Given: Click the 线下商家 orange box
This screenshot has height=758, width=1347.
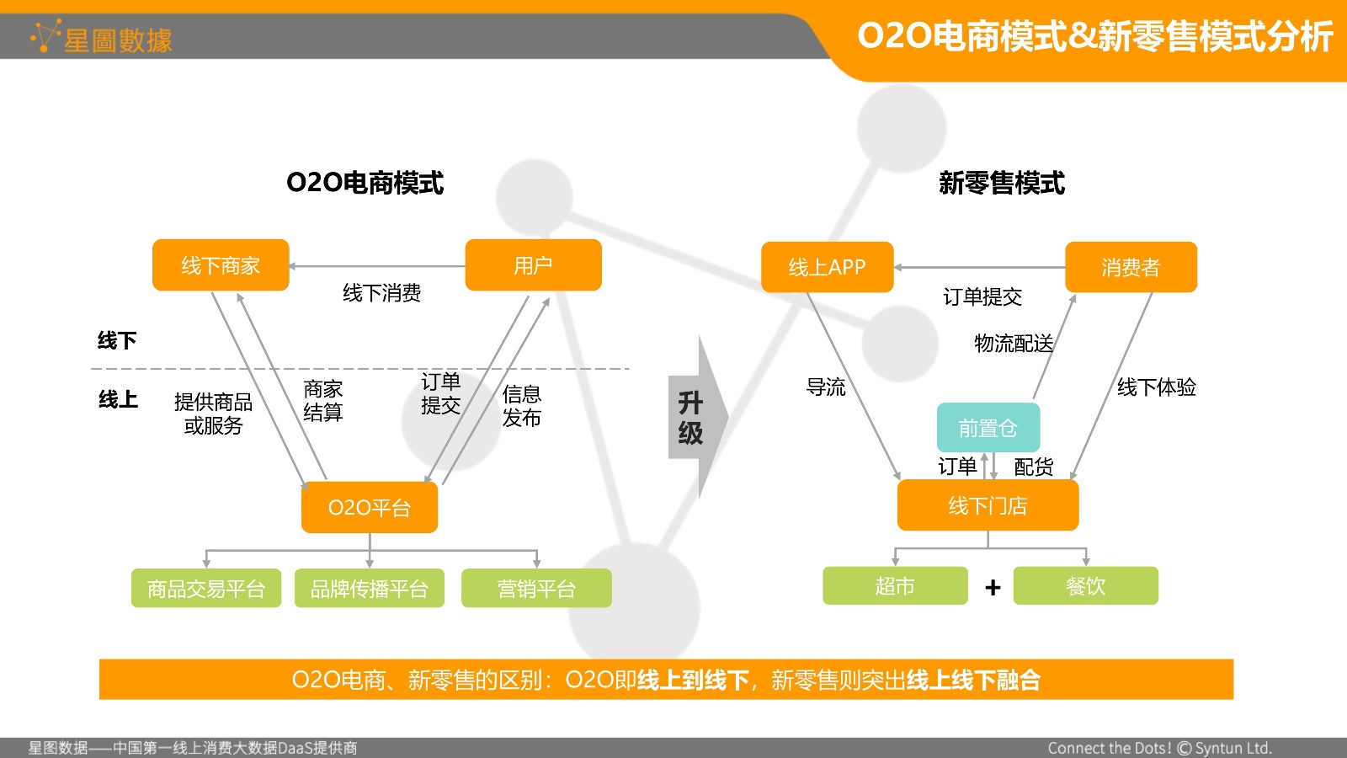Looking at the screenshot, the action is tap(221, 265).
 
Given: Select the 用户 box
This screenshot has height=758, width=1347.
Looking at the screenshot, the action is tap(534, 265).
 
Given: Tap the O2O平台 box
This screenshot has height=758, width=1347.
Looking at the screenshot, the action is tap(370, 507).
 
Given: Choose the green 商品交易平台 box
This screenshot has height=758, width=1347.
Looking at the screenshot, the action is tap(206, 588).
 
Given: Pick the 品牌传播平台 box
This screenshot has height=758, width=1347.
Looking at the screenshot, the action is tap(370, 588).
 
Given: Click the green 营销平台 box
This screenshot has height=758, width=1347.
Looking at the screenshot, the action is tap(536, 588).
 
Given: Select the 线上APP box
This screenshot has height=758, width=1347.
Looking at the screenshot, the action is tap(828, 267).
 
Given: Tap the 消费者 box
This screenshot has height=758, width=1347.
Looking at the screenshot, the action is tap(1131, 267).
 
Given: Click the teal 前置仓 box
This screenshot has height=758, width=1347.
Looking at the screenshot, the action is tap(988, 428).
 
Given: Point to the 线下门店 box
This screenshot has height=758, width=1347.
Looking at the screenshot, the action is tap(988, 505).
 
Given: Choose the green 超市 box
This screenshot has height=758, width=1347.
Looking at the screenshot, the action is tap(896, 585).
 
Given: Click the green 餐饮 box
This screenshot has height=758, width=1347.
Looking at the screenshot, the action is tap(1086, 585).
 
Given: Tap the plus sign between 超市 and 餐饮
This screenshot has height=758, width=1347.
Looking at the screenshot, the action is tap(993, 587).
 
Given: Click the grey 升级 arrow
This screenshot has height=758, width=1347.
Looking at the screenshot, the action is tap(698, 417).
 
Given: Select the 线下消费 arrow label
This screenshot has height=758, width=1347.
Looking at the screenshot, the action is tap(382, 293).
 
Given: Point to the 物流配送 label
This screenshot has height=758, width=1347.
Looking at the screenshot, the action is tap(1014, 344).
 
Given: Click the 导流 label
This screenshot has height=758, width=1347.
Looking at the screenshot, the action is tap(826, 387).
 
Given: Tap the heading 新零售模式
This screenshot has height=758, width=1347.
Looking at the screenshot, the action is tap(1002, 183).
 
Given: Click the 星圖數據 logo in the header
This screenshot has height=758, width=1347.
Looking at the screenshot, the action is tap(102, 37).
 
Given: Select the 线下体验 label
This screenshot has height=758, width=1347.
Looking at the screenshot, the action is tap(1157, 387).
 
